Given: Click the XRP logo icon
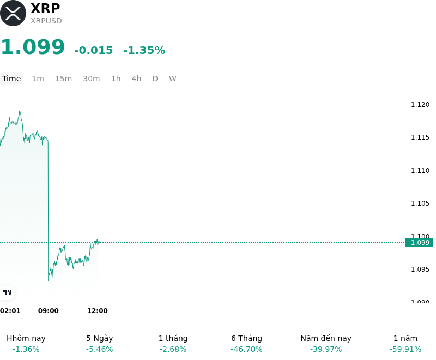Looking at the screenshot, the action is (x=13, y=13).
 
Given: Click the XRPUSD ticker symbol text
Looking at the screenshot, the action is (x=46, y=21).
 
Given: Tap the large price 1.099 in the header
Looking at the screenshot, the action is (x=33, y=47).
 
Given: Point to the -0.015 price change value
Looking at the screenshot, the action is (x=94, y=50).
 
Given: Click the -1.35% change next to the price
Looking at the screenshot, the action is (x=144, y=50).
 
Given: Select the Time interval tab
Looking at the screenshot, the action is (x=11, y=79).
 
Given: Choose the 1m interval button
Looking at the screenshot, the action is (x=38, y=79).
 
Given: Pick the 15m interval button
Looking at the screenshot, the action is (x=63, y=79).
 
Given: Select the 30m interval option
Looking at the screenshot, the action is (x=92, y=79).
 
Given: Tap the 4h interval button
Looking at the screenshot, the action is (x=136, y=79).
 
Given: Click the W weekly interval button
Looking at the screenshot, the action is (x=173, y=79).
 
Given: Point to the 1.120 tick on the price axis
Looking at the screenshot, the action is (x=420, y=105).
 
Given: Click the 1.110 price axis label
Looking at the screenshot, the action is (x=420, y=171).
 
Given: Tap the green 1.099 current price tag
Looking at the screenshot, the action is (x=420, y=243).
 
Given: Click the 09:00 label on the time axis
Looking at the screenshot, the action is (x=49, y=311).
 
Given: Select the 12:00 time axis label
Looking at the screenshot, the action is (x=98, y=311).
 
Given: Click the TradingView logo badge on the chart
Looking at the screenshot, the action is (x=7, y=292).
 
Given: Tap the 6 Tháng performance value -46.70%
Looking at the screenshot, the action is (x=247, y=349).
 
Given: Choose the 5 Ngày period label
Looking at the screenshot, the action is (x=100, y=338).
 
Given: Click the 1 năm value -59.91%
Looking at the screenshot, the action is (x=405, y=349).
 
